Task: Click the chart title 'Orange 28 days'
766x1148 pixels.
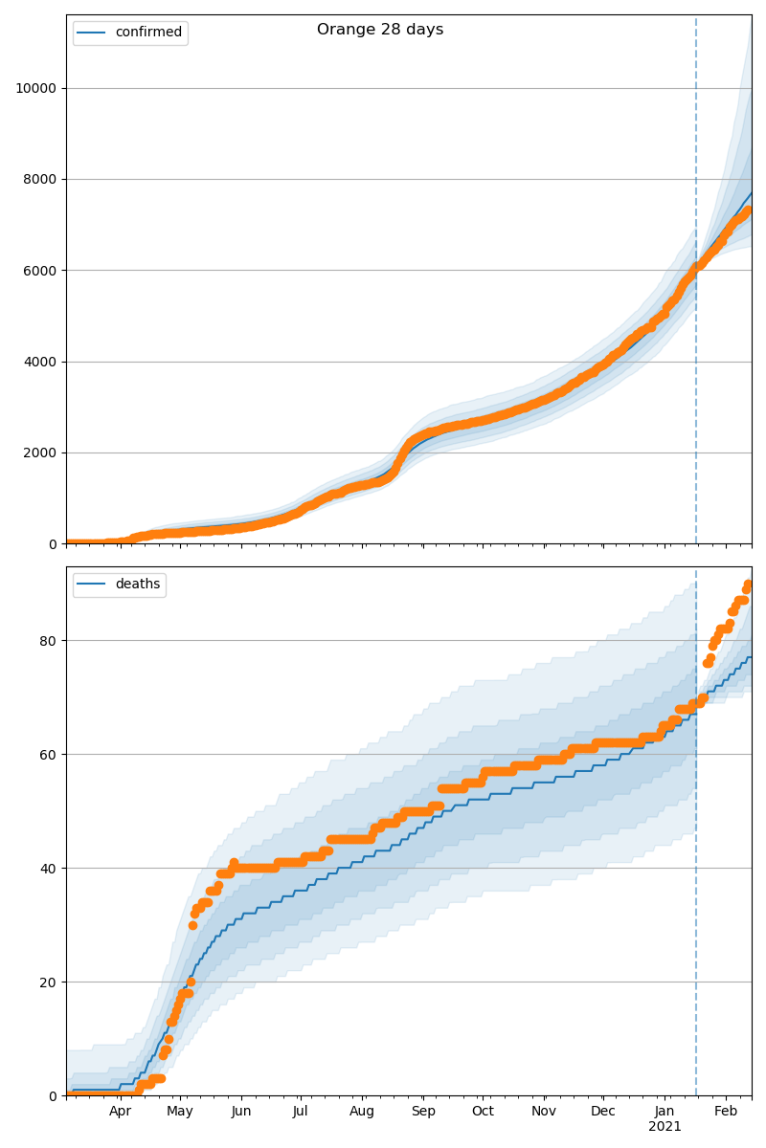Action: tap(380, 30)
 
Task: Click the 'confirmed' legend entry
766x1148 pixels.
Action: tap(147, 33)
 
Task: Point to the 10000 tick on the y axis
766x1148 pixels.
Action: tap(34, 88)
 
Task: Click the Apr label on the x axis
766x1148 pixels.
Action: tap(120, 1112)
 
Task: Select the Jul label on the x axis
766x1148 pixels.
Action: tap(300, 1112)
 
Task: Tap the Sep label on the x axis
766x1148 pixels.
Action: tap(423, 1112)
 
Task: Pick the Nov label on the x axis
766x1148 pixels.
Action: tap(544, 1112)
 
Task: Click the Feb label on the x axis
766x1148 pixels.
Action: tap(726, 1112)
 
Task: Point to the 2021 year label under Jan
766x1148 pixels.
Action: tap(665, 1127)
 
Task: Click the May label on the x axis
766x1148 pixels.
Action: tap(180, 1112)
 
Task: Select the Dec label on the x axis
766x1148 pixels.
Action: tap(603, 1112)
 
